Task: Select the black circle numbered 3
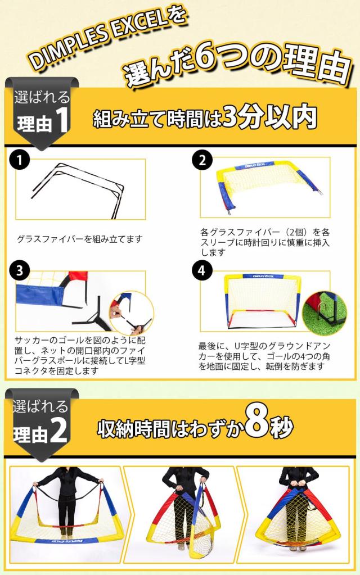tap(20, 270)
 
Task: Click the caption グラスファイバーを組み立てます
tap(80, 239)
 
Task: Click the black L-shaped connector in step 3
tap(90, 318)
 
